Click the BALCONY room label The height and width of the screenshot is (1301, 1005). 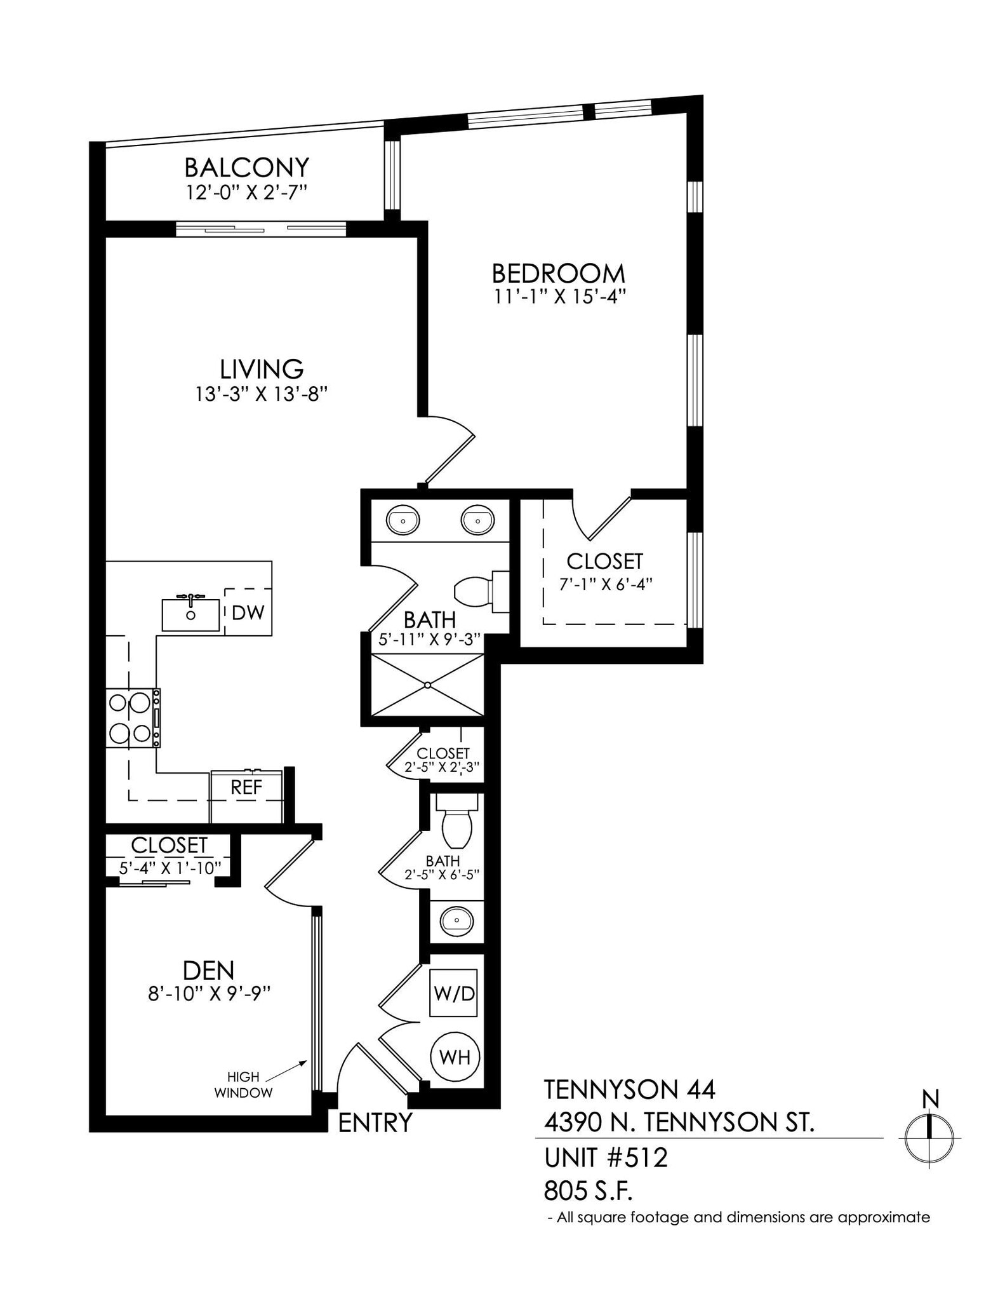coord(246,168)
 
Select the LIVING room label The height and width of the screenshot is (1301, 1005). coord(262,369)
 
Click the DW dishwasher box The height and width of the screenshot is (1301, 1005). coord(248,612)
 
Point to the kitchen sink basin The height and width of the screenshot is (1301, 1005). coord(190,614)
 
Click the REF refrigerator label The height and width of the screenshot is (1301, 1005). coord(246,788)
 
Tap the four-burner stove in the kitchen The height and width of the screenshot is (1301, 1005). coord(133,718)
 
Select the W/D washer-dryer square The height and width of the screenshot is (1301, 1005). coord(454,993)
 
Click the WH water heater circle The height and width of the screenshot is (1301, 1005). coord(455,1057)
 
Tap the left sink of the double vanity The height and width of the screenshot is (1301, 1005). coord(403,520)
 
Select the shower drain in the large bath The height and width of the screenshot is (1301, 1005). coord(428,685)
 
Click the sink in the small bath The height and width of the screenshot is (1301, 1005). coord(456,920)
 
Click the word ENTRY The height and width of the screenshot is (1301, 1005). coord(375,1122)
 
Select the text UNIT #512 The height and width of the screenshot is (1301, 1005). coord(606,1157)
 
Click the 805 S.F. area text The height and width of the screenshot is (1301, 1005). coord(588,1191)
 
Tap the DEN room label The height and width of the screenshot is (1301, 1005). coord(208,970)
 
